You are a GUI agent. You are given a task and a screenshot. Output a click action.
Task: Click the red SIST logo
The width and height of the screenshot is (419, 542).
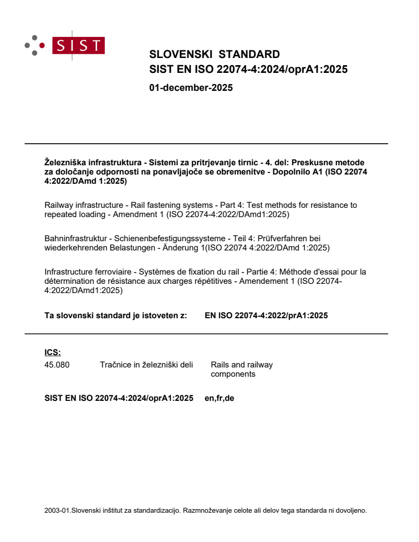point(81,45)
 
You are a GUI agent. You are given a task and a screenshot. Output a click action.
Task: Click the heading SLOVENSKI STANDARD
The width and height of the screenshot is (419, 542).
point(214,54)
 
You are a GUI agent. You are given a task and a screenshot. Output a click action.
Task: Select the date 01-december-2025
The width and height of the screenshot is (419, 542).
point(191,88)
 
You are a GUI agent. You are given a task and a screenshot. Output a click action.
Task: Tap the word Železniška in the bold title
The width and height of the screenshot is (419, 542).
point(64,162)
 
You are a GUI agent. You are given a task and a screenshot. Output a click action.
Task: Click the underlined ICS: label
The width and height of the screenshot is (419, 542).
point(52,352)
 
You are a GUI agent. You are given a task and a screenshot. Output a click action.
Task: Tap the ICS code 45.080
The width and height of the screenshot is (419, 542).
point(57,365)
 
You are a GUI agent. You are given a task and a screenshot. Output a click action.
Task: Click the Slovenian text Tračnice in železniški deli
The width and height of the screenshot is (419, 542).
point(146,365)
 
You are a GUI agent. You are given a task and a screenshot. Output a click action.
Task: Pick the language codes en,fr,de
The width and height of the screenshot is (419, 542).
point(219,398)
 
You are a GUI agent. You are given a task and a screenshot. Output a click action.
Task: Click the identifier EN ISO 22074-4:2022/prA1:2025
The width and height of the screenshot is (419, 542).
point(266,316)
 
